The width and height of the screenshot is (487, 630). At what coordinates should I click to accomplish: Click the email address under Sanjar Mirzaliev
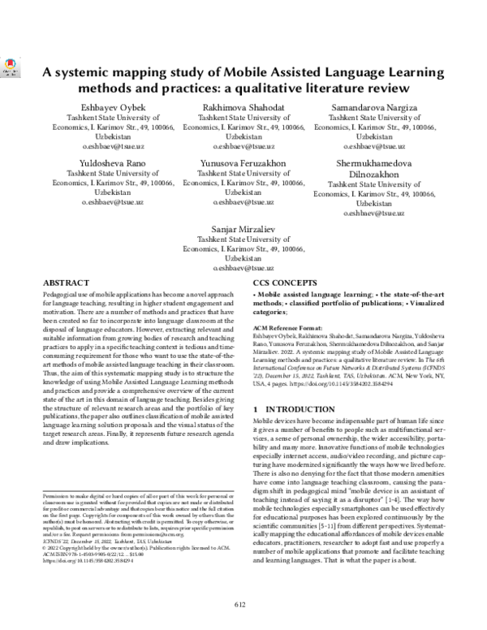(243, 268)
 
